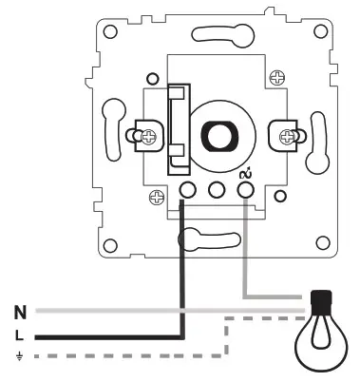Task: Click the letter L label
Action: (20, 334)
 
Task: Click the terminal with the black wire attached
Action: (187, 190)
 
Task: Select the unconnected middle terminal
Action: (216, 190)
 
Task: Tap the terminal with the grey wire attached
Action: (245, 190)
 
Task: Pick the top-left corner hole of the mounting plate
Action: (110, 30)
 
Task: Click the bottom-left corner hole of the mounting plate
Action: (110, 240)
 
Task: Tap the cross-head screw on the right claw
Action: (285, 136)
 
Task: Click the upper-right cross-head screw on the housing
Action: (277, 75)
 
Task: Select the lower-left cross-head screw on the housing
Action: (156, 197)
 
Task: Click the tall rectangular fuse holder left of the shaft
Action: (178, 128)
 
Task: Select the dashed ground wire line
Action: (142, 356)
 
